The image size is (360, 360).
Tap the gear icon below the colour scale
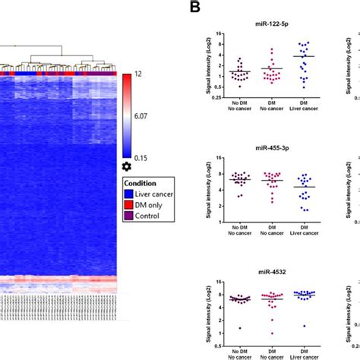pos(127,166)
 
